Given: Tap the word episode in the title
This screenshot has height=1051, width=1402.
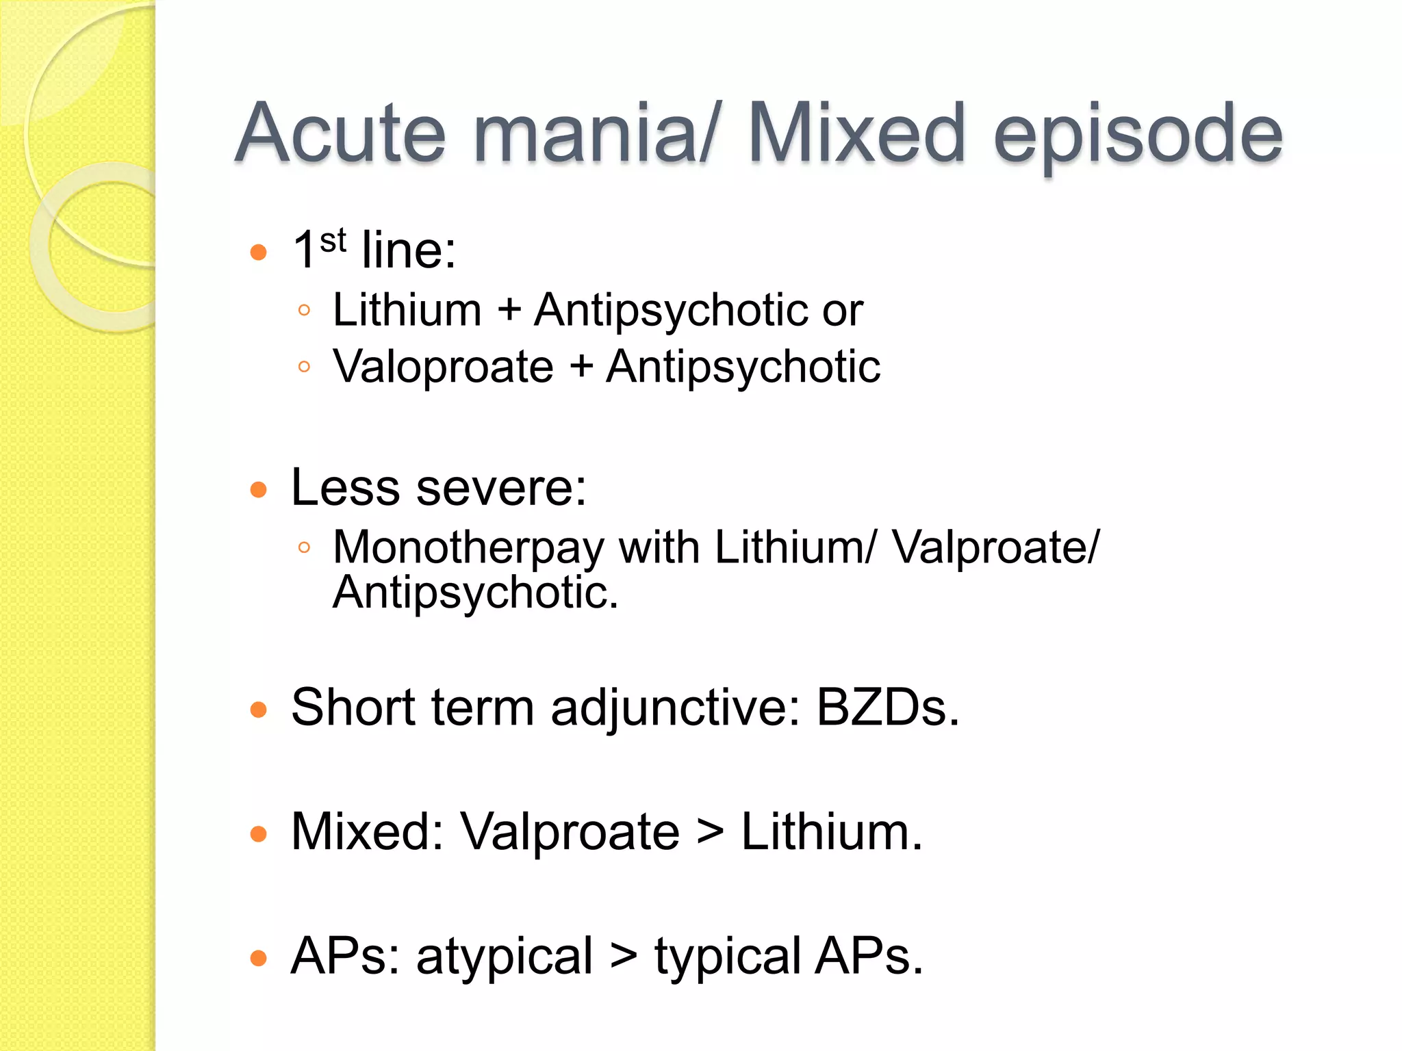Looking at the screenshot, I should click(x=1138, y=135).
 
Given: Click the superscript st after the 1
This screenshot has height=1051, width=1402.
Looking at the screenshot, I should click(x=333, y=241).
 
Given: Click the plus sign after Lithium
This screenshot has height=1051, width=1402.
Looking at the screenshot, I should click(x=509, y=310).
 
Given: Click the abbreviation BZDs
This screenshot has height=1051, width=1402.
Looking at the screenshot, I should click(x=887, y=708).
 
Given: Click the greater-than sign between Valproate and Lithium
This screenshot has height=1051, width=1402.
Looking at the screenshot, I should click(x=710, y=833).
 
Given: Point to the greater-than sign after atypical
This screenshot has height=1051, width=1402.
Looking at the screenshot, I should click(x=624, y=957).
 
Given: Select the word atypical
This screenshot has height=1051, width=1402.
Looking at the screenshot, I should click(x=505, y=958).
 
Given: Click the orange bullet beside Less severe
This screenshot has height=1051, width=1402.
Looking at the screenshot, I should click(x=258, y=490).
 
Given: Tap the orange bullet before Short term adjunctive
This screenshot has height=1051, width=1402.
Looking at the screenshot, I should click(x=258, y=710).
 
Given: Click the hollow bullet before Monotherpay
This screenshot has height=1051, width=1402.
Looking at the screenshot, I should click(x=305, y=547).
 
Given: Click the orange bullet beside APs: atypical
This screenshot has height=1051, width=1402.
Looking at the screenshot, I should click(x=258, y=958).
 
